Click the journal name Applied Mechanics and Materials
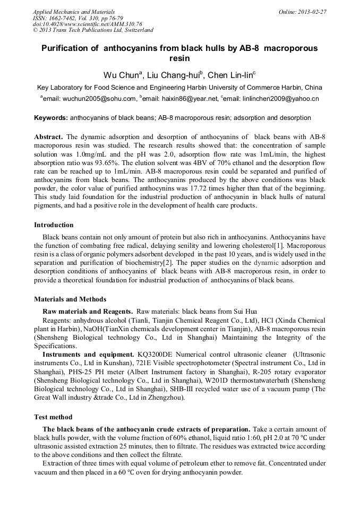pos(73,11)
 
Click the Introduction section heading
pos(54,225)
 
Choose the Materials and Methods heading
pos(70,299)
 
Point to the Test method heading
pos(53,417)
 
